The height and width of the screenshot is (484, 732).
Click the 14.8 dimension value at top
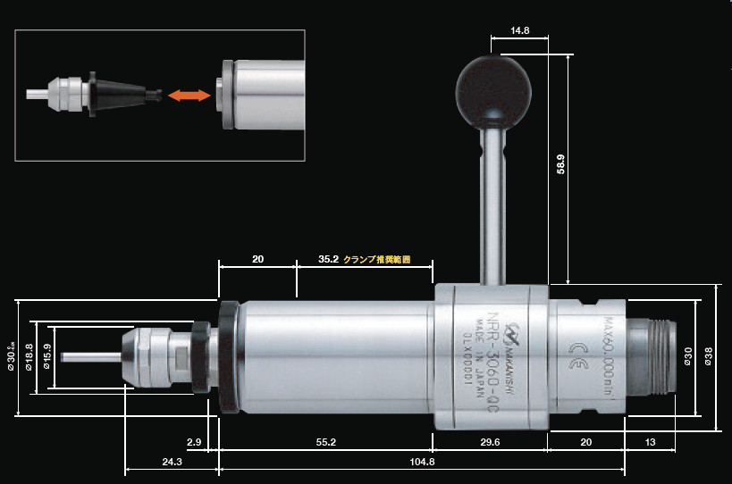point(520,30)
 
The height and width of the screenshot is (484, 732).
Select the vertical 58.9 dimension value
point(560,163)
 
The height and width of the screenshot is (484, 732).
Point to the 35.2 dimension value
point(329,260)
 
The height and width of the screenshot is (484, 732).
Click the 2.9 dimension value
point(194,442)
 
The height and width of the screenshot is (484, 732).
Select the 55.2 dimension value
point(326,442)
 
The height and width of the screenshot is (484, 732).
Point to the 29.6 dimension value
point(489,442)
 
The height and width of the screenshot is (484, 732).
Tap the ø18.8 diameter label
point(29,356)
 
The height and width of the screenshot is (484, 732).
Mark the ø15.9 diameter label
point(46,356)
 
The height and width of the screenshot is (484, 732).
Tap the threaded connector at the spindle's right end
point(657,355)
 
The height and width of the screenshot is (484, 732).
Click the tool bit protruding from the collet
point(88,356)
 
